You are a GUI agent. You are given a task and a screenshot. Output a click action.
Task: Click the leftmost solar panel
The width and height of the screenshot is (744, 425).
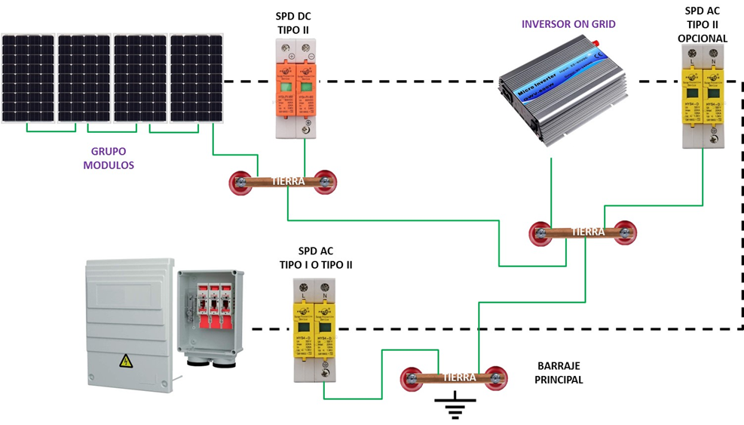tap(28, 78)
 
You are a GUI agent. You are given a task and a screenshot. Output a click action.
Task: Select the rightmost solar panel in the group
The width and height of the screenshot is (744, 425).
tap(196, 78)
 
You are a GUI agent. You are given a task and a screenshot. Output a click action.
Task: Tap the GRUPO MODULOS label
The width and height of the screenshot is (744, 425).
tap(109, 159)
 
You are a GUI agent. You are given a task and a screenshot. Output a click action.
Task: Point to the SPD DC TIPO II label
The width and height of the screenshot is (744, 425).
tap(292, 23)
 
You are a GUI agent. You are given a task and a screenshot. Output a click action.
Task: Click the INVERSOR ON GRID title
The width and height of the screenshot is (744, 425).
tap(568, 24)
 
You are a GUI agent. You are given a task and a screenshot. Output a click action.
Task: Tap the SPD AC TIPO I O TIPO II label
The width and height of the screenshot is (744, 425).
tap(316, 258)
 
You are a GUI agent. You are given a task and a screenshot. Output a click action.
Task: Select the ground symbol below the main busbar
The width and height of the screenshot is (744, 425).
tap(454, 407)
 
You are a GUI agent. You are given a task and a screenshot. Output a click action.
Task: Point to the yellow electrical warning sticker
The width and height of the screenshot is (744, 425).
tap(126, 361)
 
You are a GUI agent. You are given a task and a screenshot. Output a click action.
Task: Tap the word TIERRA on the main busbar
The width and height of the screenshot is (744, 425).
tap(459, 377)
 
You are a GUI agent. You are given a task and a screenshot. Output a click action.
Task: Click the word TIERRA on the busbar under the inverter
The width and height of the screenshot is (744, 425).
tap(587, 232)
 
